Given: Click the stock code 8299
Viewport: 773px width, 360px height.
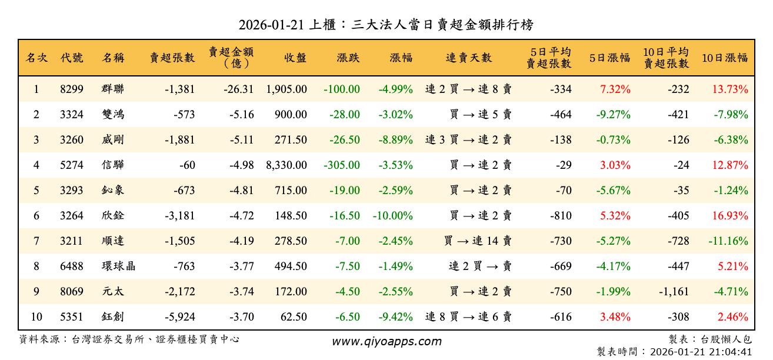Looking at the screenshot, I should (72, 89).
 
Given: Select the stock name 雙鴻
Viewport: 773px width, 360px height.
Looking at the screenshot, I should (113, 115).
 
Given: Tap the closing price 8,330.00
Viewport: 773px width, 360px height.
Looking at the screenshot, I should (286, 165).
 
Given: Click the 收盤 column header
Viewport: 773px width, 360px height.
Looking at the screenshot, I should (295, 58).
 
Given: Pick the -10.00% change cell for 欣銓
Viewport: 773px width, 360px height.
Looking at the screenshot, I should (392, 216).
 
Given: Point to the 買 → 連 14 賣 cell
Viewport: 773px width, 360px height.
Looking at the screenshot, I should (478, 241).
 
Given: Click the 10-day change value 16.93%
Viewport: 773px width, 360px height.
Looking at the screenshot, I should (729, 216).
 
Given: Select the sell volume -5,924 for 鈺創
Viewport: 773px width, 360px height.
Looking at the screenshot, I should (178, 317).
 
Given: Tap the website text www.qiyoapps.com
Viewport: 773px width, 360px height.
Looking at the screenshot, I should (386, 341).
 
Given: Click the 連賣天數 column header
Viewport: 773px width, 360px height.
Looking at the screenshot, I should (469, 58).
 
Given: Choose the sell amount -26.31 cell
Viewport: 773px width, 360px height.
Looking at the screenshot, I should (239, 89).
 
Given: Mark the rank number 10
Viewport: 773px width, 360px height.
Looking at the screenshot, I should (36, 317).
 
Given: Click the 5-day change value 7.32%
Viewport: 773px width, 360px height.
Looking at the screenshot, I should (615, 89).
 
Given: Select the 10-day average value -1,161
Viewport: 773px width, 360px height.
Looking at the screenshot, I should (673, 292).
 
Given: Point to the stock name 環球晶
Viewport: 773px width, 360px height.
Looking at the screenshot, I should (118, 266).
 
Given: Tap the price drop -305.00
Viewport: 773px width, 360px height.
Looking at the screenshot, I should (342, 165).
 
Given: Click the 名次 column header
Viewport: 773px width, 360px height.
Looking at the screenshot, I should (36, 58).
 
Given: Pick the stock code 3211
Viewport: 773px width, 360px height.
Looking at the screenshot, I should (72, 241).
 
